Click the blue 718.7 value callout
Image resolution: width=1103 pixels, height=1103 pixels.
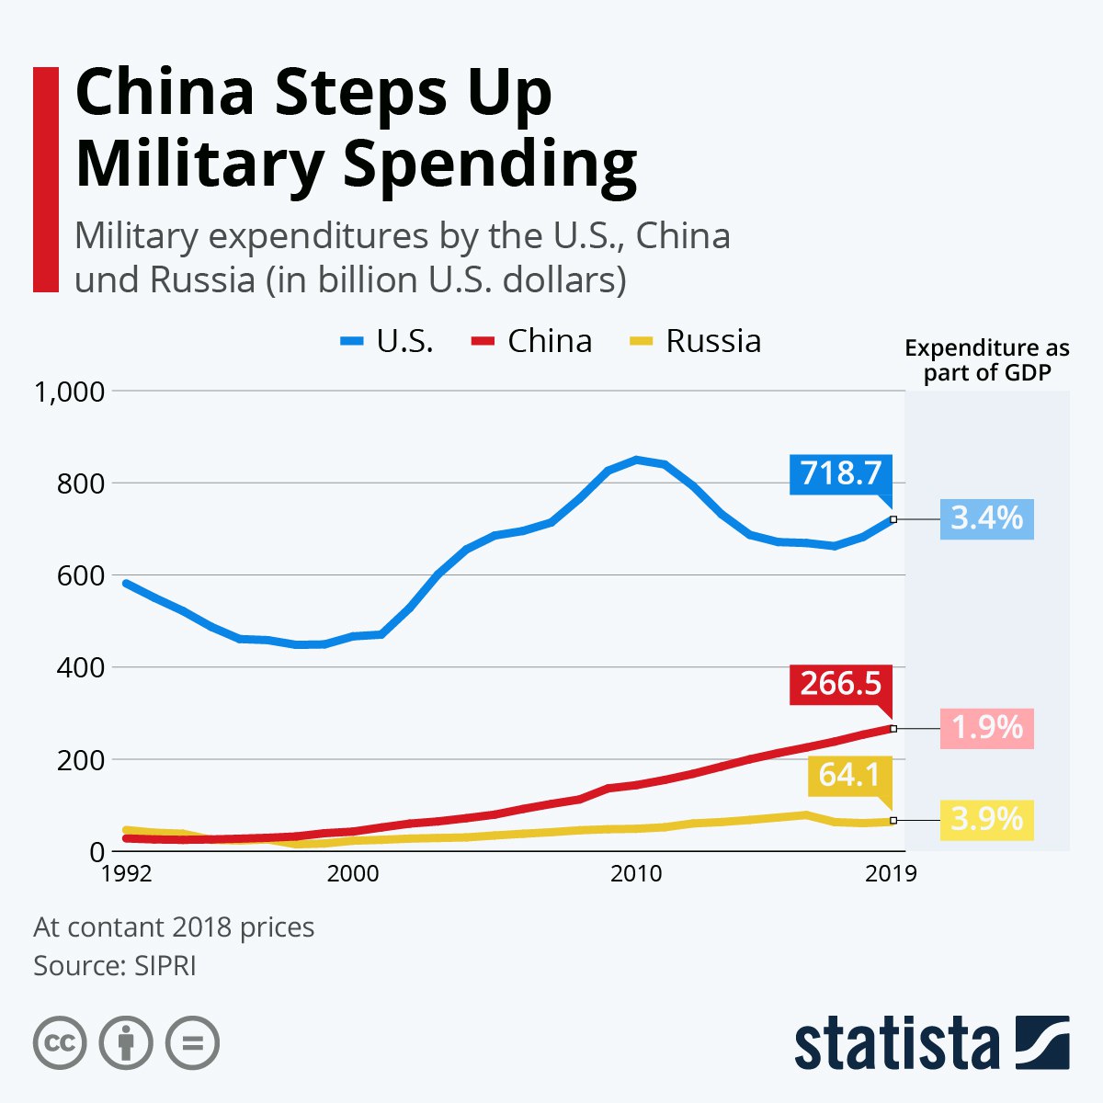pyautogui.click(x=840, y=473)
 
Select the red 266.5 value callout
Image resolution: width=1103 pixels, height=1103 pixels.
pyautogui.click(x=840, y=684)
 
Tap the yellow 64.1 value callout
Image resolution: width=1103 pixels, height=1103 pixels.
pyautogui.click(x=849, y=775)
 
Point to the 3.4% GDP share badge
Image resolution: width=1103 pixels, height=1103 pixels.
pyautogui.click(x=986, y=518)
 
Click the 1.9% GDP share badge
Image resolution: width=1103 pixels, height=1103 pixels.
pyautogui.click(x=986, y=728)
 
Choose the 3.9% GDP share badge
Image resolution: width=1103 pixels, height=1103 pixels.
pyautogui.click(x=986, y=819)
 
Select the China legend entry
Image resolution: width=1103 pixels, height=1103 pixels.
pyautogui.click(x=532, y=341)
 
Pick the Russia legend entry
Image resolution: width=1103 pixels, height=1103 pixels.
pyautogui.click(x=696, y=341)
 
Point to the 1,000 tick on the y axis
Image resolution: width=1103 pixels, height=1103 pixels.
pyautogui.click(x=69, y=392)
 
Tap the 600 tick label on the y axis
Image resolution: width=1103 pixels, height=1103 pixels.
pyautogui.click(x=81, y=576)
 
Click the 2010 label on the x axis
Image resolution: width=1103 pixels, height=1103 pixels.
pyautogui.click(x=636, y=873)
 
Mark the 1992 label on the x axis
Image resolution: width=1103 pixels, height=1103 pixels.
pyautogui.click(x=127, y=873)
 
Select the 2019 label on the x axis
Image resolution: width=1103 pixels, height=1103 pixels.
pyautogui.click(x=891, y=873)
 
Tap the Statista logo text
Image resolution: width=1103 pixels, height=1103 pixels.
pyautogui.click(x=896, y=1044)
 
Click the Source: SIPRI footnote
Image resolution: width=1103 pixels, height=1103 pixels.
pyautogui.click(x=115, y=966)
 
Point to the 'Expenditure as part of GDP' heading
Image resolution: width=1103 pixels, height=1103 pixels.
pyautogui.click(x=987, y=360)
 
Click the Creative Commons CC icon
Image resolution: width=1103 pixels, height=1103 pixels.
pyautogui.click(x=60, y=1043)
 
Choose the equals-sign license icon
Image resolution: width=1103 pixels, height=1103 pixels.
pyautogui.click(x=192, y=1043)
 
